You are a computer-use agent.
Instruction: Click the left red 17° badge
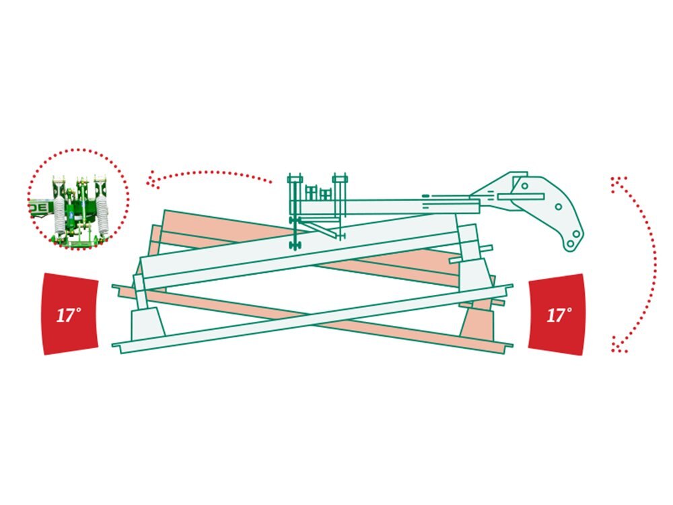point(71,314)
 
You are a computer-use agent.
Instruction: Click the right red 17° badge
point(557,314)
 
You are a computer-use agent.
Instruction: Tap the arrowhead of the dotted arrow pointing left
point(150,180)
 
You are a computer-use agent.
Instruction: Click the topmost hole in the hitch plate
point(524,186)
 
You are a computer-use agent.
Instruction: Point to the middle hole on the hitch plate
point(558,207)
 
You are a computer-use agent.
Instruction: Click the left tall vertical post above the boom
point(295,210)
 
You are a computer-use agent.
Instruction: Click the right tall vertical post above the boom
point(340,206)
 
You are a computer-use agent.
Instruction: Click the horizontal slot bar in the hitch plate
point(521,197)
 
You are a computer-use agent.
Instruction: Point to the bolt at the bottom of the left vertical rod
point(295,245)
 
